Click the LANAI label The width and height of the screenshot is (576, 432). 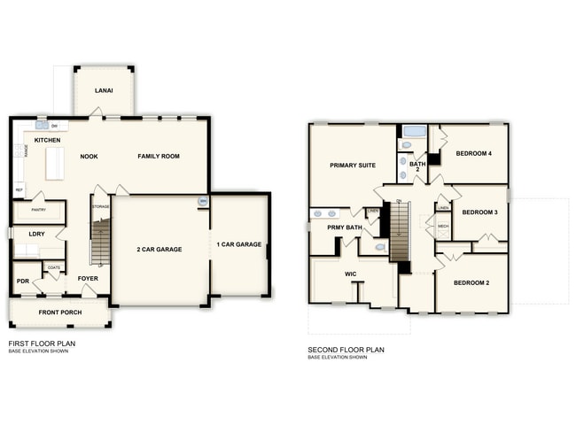(104, 89)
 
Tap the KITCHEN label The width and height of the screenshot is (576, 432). (47, 141)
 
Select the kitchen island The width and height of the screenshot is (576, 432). (55, 163)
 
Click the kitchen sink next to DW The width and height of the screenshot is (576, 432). (42, 126)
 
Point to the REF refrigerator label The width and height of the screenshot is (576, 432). (19, 189)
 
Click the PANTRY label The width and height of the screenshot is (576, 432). (38, 210)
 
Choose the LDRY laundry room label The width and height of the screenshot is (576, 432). (36, 234)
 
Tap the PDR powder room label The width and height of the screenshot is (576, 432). (23, 281)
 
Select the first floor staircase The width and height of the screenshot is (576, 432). (101, 241)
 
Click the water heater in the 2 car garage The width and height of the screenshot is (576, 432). (203, 202)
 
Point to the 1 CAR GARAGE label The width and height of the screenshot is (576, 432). (239, 244)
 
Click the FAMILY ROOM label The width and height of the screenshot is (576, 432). (159, 156)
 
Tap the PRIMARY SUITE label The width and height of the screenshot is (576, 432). (352, 166)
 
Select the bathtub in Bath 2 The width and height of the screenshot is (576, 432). (414, 132)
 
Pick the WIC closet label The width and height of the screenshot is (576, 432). (350, 274)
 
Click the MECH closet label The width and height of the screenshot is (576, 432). (443, 227)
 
